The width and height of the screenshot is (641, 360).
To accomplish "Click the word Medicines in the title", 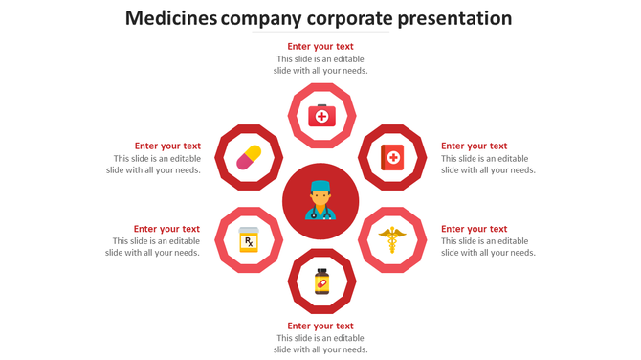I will (170, 18).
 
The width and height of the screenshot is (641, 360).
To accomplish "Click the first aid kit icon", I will (321, 116).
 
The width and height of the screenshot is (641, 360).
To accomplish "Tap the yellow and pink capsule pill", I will (249, 157).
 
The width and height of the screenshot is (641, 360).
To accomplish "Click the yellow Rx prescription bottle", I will (249, 239).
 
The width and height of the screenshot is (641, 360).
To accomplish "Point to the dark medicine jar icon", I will (321, 281).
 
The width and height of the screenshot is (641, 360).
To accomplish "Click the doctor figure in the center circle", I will (320, 200).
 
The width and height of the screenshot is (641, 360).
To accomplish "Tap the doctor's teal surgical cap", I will (320, 186).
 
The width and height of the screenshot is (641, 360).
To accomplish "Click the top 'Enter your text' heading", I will (320, 46).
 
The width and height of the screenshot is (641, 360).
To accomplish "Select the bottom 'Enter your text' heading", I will (320, 326).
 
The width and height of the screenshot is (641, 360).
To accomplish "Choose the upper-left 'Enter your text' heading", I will (167, 146).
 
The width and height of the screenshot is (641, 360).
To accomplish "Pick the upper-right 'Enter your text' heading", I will (474, 146).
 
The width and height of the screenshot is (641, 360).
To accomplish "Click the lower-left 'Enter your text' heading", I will (166, 229).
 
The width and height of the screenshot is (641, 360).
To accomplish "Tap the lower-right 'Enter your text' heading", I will (474, 229).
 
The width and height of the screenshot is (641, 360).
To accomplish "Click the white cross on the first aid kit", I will (321, 118).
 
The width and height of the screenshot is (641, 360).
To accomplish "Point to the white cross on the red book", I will (393, 156).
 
